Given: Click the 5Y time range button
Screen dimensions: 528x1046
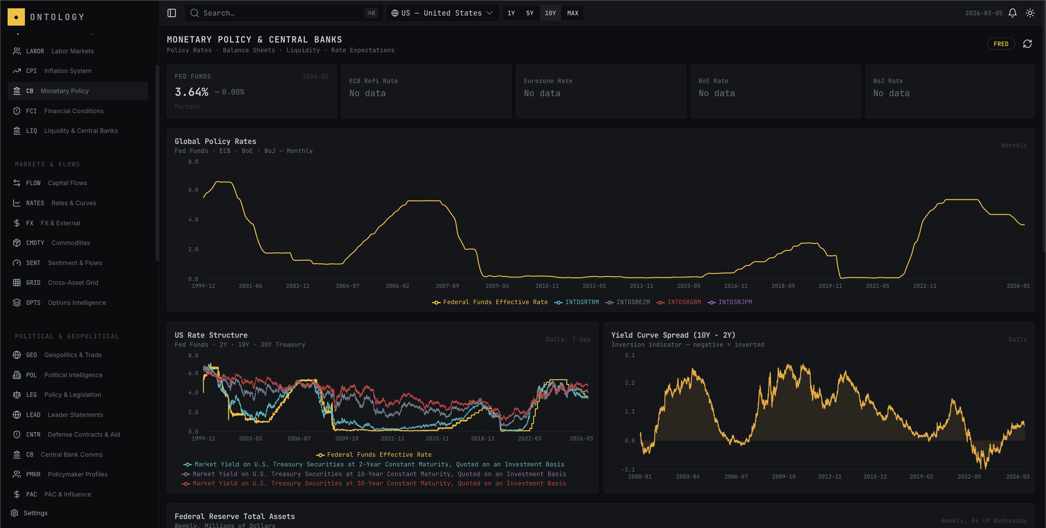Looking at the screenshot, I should (x=530, y=13).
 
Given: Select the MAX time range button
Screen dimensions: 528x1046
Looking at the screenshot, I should (x=572, y=13).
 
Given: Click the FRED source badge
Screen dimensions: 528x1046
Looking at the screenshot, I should (x=1001, y=44).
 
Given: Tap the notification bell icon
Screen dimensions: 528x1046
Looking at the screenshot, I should (x=1012, y=13).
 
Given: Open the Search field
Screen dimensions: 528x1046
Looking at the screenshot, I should (x=280, y=13).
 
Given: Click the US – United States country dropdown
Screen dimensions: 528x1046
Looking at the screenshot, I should (x=442, y=13).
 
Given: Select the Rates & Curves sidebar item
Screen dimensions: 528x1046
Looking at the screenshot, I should (x=73, y=203).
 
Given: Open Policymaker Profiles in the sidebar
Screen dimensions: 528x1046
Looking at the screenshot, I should (x=77, y=474).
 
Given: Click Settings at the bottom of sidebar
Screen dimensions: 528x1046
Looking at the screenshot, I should (x=35, y=513).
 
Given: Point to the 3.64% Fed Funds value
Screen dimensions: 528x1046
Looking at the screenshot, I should (x=192, y=92).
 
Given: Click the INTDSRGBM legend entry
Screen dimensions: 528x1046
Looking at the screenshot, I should (x=683, y=302).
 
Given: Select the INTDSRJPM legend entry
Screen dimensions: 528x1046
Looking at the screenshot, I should (x=735, y=302).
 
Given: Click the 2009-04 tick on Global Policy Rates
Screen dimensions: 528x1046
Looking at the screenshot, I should (x=497, y=286).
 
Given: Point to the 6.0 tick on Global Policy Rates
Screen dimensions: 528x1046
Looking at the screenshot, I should (x=193, y=190).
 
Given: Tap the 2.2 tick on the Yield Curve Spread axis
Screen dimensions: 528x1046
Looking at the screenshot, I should (x=630, y=383).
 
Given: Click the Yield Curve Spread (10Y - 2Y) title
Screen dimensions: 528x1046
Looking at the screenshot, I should (x=673, y=335).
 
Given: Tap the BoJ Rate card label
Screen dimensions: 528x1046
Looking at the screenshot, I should (x=888, y=81).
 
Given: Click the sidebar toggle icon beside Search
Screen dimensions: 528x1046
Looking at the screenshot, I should (x=172, y=13).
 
